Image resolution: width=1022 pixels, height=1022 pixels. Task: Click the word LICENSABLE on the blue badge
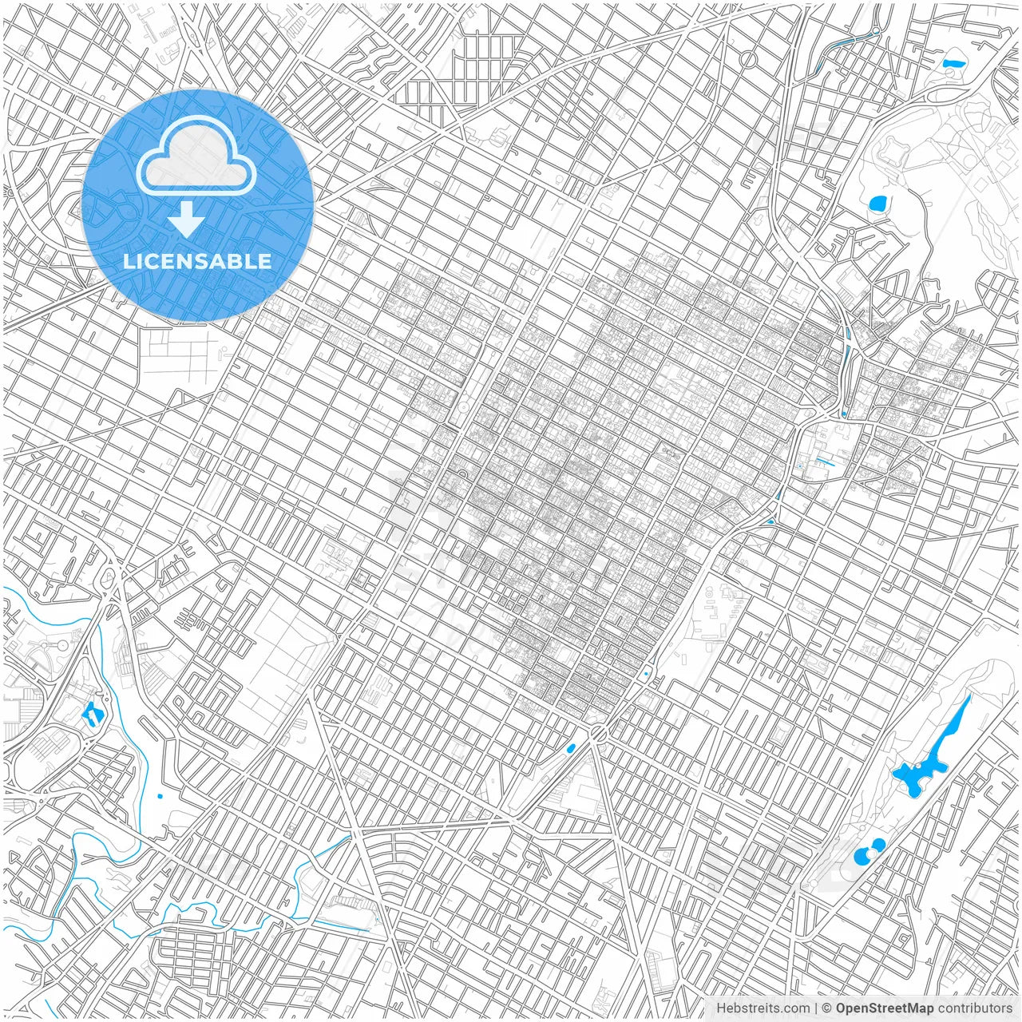coord(196,261)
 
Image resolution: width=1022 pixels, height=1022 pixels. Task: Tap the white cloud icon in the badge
coord(196,156)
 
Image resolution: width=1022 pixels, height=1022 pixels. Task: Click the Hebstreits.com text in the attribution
coord(762,1008)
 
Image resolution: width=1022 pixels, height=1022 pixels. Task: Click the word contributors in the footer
coord(975,1008)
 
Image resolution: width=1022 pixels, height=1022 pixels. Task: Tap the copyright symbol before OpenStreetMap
coord(827,1008)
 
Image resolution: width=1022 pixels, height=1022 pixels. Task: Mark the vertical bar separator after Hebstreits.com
coord(815,1008)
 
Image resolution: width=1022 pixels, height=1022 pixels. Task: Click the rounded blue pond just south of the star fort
coord(878,204)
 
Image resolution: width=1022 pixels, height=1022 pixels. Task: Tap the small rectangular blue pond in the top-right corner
coord(953,63)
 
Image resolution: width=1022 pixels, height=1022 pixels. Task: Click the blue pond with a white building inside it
coord(93,711)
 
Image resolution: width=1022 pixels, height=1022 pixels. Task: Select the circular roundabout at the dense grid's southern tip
coord(598,731)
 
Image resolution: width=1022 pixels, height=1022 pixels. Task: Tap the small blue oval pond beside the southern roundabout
coord(570,748)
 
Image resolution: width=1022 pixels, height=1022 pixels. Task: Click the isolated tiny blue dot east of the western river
coord(160,795)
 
